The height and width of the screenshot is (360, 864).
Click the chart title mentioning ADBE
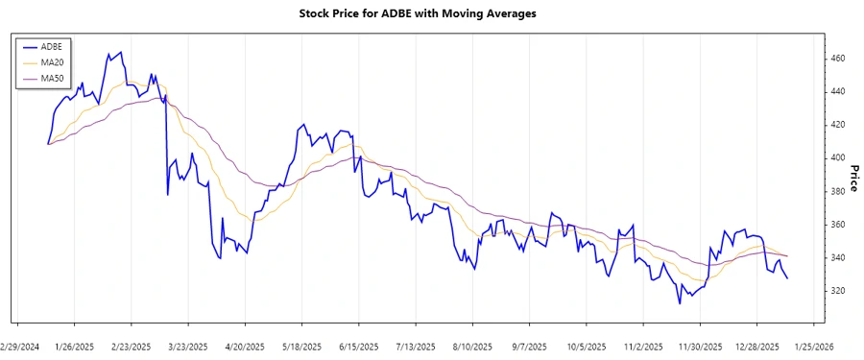[432, 15]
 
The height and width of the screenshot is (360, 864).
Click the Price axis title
[853, 177]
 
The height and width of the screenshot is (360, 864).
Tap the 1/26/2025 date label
[75, 347]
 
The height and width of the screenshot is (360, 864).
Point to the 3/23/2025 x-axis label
[186, 347]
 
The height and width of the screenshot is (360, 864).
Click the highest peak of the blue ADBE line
[121, 53]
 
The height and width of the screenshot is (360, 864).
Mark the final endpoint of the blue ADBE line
[787, 278]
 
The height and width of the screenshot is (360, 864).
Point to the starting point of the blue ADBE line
[48, 144]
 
